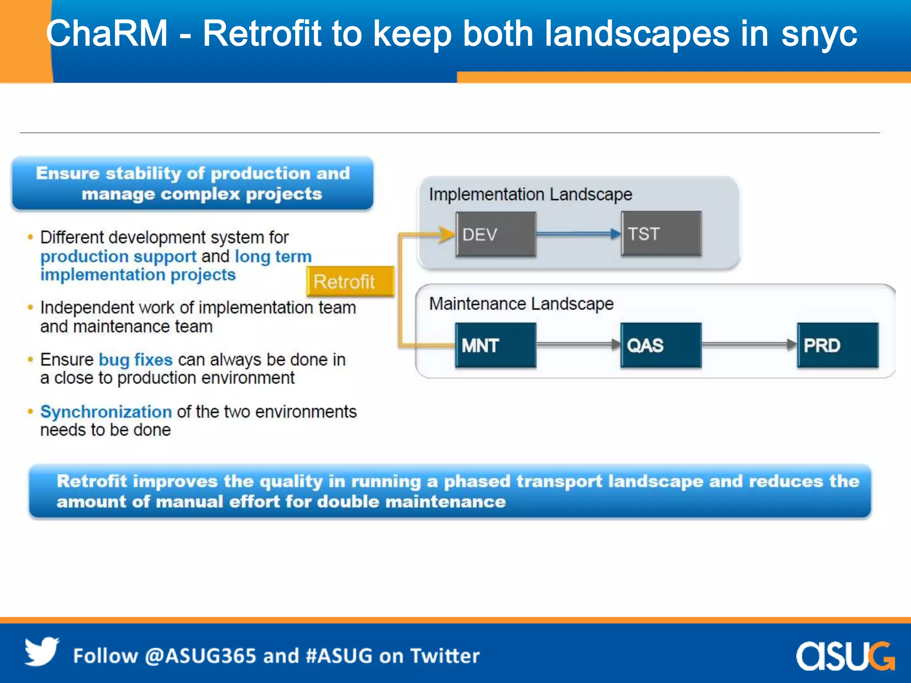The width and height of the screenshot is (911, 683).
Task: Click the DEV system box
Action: coord(496,234)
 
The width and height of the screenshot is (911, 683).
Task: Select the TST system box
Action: coord(661,234)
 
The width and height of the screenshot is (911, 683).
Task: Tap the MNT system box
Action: coord(496,346)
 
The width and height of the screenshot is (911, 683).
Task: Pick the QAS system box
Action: coord(661,346)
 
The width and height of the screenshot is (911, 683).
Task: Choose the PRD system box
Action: coord(838,346)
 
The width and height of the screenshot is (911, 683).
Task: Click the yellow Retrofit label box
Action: coord(350,281)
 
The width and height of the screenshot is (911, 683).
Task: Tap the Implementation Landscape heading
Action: coord(530,195)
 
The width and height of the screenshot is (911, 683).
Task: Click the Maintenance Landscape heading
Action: coord(521,304)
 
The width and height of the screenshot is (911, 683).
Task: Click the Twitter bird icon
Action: coord(41,652)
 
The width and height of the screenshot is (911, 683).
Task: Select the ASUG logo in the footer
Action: coord(845,655)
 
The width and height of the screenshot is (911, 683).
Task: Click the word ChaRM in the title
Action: coord(107,34)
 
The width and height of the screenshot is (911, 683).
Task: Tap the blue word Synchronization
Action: coord(106,412)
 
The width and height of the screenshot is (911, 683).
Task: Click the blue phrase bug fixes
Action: coord(135,360)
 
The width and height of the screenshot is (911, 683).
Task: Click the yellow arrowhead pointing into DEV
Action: coord(447,234)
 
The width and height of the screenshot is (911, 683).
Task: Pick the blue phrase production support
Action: coord(118,257)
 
